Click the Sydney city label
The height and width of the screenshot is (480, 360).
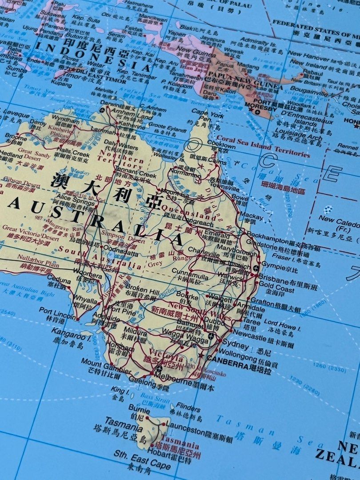(x=236, y=345)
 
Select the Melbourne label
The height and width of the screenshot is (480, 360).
(x=178, y=381)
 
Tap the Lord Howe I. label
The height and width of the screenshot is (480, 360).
(x=282, y=324)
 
